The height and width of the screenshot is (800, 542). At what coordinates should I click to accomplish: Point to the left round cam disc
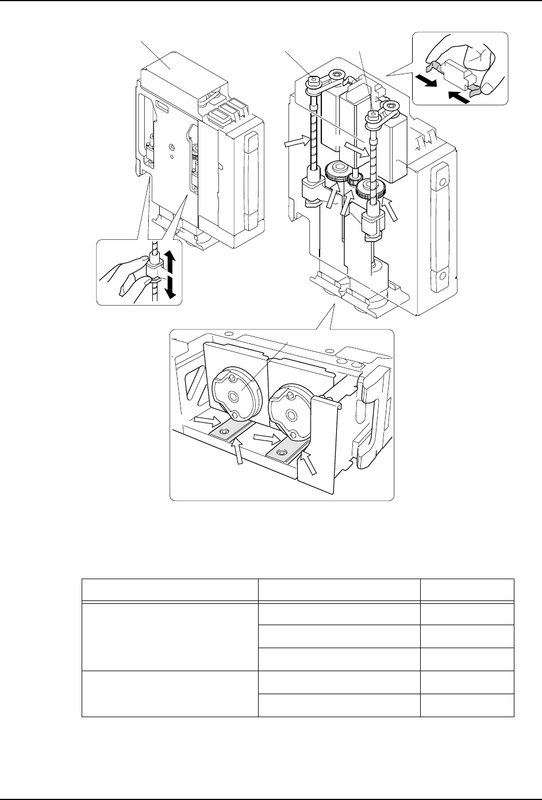click(x=234, y=396)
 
